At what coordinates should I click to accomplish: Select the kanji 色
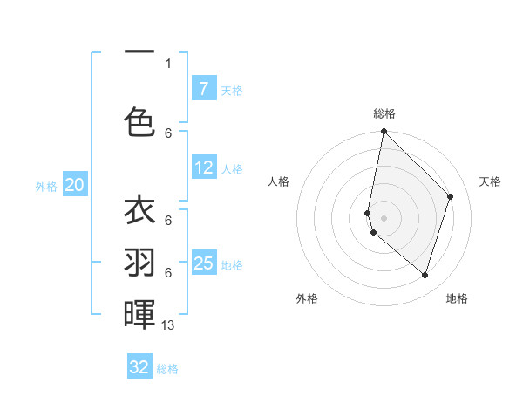[139, 121]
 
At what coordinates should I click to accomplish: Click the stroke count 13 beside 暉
[169, 325]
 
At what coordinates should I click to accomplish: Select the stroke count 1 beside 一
[168, 63]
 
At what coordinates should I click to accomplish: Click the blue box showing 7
[203, 88]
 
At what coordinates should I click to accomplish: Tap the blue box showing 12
[203, 167]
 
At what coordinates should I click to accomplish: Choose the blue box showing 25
[203, 263]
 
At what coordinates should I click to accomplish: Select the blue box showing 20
[75, 184]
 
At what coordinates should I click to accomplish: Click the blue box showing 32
[139, 367]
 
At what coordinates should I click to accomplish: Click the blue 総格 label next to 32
[168, 369]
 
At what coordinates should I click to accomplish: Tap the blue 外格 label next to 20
[46, 186]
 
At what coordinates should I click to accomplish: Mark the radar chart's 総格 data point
[384, 132]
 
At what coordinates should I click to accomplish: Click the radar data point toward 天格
[451, 196]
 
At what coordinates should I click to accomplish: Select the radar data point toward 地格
[425, 275]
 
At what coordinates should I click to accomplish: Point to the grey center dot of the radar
[384, 218]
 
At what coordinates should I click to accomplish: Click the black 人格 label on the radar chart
[279, 181]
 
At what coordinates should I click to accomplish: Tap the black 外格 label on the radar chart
[307, 298]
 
